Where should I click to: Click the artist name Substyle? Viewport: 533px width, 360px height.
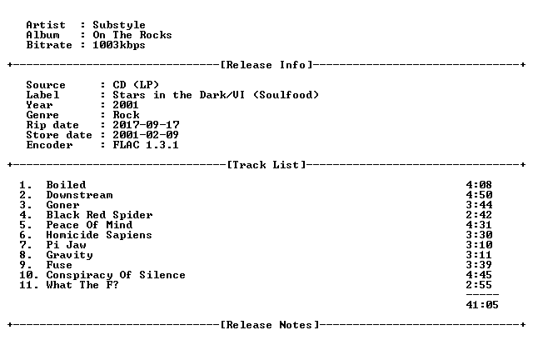(119, 25)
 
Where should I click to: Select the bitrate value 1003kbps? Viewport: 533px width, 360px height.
(119, 45)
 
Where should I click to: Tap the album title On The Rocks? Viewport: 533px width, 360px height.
(132, 35)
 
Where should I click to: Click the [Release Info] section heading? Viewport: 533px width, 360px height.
(266, 65)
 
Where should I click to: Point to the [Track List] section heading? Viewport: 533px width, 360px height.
(266, 165)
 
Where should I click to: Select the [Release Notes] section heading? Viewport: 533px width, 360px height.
(270, 325)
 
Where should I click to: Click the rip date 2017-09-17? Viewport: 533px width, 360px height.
(146, 125)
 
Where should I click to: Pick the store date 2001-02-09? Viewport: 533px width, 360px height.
(146, 135)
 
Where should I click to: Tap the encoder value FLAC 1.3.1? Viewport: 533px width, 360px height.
(146, 145)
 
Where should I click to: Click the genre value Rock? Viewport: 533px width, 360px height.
(126, 115)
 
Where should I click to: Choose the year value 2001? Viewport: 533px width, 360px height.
(126, 105)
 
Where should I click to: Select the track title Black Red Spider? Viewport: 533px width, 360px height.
(99, 215)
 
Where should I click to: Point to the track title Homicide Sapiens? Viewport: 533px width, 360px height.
(99, 235)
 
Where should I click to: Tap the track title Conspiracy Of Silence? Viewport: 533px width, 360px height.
(116, 275)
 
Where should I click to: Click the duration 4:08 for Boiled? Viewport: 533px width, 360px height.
(479, 185)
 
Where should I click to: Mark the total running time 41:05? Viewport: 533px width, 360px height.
(482, 305)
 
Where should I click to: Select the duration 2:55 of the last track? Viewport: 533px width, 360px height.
(479, 285)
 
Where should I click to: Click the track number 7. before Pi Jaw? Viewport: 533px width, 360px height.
(26, 245)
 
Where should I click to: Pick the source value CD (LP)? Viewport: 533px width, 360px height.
(136, 85)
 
